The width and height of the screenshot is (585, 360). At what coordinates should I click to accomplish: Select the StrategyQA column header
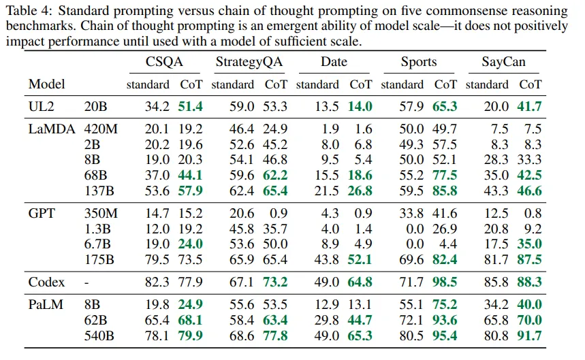[249, 62]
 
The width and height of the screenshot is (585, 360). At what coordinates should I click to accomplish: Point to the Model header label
[47, 84]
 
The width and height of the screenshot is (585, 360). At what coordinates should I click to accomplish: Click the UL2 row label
[41, 106]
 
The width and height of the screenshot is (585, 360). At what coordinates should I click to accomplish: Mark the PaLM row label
[45, 304]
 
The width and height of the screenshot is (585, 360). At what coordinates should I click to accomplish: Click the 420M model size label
[101, 129]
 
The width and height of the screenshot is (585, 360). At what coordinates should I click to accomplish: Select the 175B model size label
[99, 259]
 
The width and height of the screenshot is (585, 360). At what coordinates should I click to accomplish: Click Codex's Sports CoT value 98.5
[445, 282]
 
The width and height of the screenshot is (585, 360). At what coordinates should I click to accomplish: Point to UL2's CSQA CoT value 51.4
[191, 106]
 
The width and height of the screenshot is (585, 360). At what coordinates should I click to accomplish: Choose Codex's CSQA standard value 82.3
[157, 282]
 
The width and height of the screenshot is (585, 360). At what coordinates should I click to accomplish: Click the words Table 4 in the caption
[25, 12]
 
